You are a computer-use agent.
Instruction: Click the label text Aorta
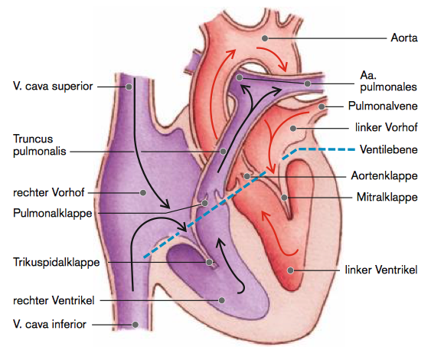click(404, 38)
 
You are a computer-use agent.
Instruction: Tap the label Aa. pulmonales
click(388, 81)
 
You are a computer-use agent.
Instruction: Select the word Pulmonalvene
click(383, 106)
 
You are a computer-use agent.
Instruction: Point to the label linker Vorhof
click(386, 127)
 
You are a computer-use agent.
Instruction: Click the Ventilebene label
click(389, 149)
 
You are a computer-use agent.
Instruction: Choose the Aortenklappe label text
click(384, 175)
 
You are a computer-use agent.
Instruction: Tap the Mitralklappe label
click(387, 197)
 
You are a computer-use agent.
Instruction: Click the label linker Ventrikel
click(381, 270)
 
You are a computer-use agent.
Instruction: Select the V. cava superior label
click(53, 87)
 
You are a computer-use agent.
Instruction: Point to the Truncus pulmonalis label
click(40, 145)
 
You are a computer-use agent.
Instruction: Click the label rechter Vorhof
click(49, 192)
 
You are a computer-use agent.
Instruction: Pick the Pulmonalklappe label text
click(53, 214)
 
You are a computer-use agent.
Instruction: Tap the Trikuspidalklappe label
click(57, 263)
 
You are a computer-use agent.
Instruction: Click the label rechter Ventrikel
click(54, 300)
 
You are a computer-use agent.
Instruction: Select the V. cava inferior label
click(50, 324)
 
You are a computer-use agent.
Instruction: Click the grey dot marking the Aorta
click(265, 38)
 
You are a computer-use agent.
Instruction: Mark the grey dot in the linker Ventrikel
click(291, 270)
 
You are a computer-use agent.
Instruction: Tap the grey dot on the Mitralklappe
click(284, 198)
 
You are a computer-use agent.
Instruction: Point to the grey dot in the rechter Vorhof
click(143, 193)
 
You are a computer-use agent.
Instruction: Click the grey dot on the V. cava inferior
click(135, 325)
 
